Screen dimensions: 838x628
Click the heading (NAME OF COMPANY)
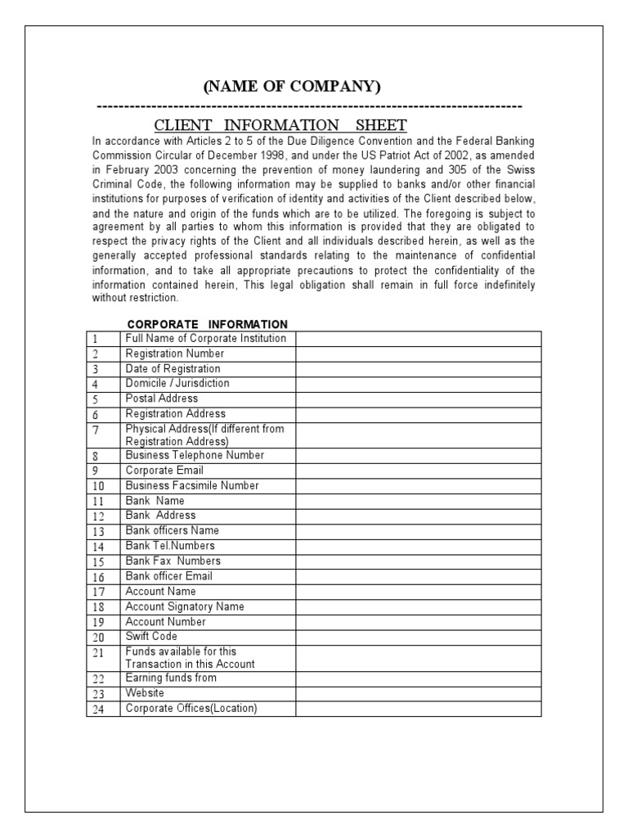point(292,87)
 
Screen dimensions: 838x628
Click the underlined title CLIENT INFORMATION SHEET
point(280,125)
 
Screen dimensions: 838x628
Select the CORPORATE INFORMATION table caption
point(208,324)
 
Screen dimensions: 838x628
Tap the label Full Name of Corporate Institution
point(205,339)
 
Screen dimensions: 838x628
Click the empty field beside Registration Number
point(418,354)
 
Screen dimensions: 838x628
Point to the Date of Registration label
point(173,369)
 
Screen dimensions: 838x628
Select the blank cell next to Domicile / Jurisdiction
point(418,384)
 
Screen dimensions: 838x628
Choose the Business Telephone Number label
point(195,455)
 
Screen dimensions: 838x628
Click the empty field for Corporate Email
point(418,471)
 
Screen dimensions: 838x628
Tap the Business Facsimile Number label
point(191,485)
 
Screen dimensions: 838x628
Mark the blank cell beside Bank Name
point(418,501)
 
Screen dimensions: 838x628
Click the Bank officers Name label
point(173,530)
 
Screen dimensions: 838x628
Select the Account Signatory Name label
point(184,606)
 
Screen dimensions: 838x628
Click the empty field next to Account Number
point(418,622)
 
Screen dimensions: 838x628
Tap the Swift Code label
point(151,636)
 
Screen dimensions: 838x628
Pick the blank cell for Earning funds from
point(418,678)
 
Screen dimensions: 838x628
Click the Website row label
point(146,693)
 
